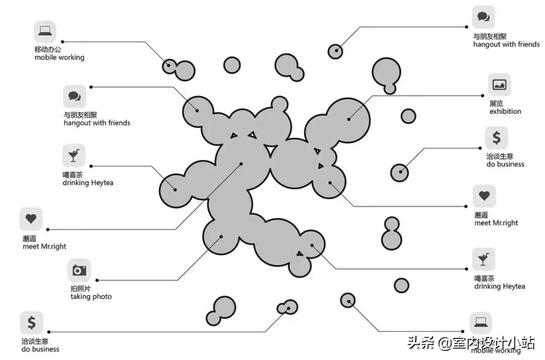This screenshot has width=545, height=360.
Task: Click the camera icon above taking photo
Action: (x=79, y=270)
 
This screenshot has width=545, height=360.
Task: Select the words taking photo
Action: (x=91, y=296)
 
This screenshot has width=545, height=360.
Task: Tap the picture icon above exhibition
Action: (x=499, y=85)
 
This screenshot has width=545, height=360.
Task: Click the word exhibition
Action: (x=505, y=111)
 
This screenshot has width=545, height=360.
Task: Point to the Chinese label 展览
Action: (x=496, y=103)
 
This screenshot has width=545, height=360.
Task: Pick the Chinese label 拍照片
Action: (x=81, y=288)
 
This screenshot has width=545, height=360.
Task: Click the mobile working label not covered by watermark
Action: (x=59, y=57)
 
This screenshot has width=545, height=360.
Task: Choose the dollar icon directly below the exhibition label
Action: (x=497, y=138)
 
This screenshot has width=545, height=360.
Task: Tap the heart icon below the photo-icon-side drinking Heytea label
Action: (x=31, y=219)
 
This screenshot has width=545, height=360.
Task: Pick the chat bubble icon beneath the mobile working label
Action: (x=75, y=96)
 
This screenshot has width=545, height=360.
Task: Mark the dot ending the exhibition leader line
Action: (x=349, y=119)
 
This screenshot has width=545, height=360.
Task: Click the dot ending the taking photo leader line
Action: (x=221, y=236)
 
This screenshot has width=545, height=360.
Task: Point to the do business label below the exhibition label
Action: (x=505, y=164)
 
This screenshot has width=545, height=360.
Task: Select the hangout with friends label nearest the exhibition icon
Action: (x=506, y=44)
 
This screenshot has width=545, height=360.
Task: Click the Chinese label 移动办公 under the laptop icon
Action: (x=48, y=49)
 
